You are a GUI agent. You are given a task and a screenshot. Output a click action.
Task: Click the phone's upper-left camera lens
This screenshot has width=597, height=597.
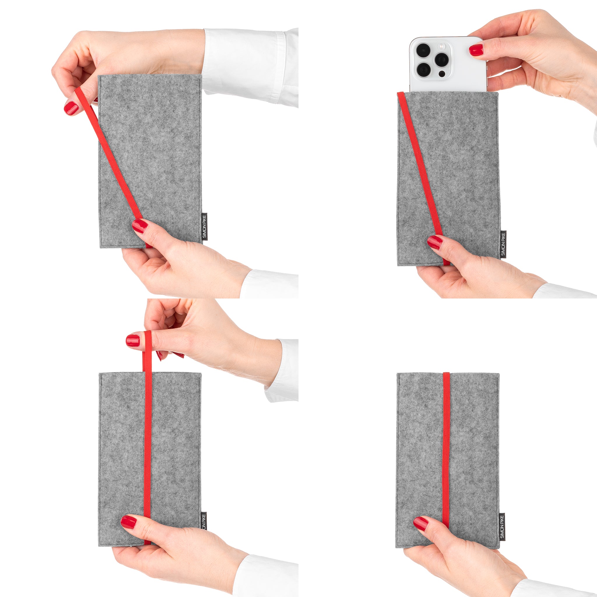423,50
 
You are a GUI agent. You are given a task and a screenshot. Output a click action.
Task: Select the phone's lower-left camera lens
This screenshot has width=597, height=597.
423,70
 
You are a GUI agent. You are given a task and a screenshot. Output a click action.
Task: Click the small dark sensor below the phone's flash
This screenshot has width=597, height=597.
442,74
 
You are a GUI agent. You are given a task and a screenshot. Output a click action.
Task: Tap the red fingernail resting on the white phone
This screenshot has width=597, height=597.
476,50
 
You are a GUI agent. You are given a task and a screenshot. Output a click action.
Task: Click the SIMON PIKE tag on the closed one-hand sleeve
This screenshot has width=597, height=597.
502,526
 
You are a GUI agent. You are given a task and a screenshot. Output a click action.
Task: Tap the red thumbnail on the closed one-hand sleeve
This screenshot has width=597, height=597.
421,524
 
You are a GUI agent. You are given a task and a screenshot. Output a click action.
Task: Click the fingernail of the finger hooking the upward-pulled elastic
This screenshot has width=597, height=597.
133,340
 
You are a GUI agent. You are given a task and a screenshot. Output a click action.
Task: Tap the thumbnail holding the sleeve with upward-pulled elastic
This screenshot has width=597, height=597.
128,522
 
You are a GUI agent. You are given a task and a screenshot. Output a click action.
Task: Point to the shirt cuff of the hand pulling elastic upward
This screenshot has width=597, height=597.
282,371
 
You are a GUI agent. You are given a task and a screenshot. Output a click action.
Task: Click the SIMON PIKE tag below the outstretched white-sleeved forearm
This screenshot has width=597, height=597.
204,226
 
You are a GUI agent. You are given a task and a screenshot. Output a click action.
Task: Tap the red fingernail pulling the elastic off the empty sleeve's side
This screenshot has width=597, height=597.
71,108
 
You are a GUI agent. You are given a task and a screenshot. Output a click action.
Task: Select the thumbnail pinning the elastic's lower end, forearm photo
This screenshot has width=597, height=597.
140,226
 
